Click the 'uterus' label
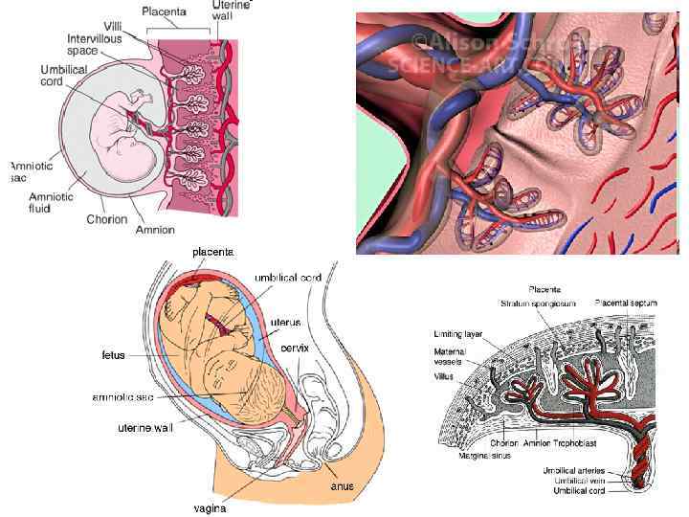(285, 322)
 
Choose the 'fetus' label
(114, 355)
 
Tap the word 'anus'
(342, 486)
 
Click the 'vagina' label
(210, 508)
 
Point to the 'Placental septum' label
(625, 303)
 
